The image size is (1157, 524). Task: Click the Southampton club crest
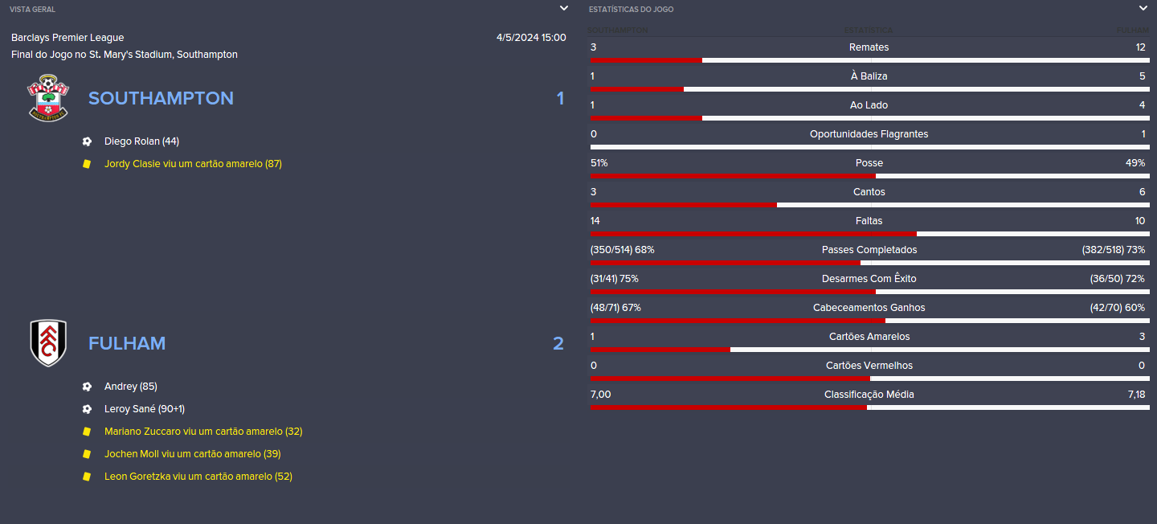(x=48, y=98)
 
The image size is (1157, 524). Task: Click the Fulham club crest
(x=48, y=343)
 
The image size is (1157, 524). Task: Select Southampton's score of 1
(x=560, y=98)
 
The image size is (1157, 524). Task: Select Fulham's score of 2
(x=558, y=343)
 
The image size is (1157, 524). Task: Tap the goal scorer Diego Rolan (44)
(x=141, y=141)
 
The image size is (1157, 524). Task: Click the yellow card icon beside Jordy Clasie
(x=87, y=164)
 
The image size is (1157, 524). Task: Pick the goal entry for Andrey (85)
(x=131, y=387)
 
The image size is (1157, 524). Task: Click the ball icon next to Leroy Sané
(x=87, y=409)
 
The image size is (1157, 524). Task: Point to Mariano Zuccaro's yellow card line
(x=203, y=432)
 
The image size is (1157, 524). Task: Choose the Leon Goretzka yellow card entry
(x=198, y=477)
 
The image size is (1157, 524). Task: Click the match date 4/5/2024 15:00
(x=531, y=37)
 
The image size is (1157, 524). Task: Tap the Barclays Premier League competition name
(x=67, y=37)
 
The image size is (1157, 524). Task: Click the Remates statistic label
(x=869, y=47)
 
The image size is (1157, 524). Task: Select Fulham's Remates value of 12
(x=1140, y=47)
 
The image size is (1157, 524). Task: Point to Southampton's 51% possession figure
(x=599, y=163)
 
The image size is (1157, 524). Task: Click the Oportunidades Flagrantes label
(x=869, y=134)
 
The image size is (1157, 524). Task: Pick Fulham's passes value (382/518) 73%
(x=1114, y=250)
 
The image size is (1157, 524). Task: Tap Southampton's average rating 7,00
(x=601, y=395)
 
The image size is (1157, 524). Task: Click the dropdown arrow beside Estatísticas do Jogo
(x=1143, y=8)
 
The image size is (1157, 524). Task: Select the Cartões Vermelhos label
(x=869, y=366)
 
